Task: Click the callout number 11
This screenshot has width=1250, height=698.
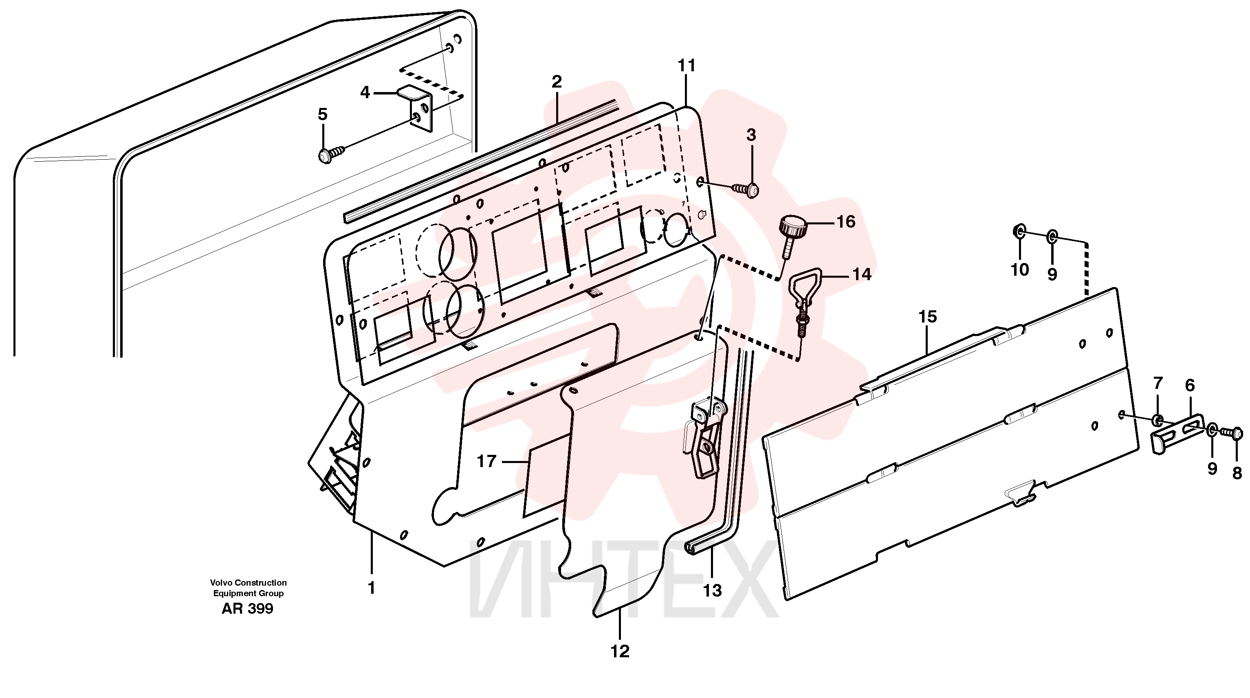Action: tap(687, 66)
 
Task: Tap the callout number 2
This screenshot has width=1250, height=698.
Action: tap(557, 81)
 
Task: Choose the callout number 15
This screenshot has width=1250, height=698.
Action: tap(927, 317)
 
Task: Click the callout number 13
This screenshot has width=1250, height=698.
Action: tap(712, 591)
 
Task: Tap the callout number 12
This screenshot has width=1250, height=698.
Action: tap(620, 652)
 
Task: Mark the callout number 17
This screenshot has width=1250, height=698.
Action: tap(487, 461)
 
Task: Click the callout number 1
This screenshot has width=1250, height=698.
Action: tap(372, 588)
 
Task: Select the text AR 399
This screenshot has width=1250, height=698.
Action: tap(247, 609)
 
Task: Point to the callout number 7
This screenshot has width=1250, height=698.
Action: tap(1158, 384)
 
